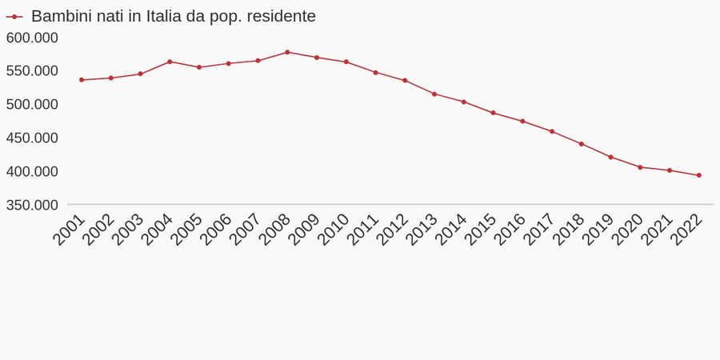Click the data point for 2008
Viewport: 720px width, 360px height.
click(x=287, y=52)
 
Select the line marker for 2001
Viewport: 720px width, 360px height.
click(x=82, y=80)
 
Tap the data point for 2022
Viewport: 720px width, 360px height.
click(x=699, y=175)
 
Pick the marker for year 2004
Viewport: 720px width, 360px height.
click(x=170, y=62)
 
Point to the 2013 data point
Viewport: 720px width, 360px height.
click(x=434, y=94)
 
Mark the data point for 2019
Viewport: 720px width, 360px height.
click(x=611, y=157)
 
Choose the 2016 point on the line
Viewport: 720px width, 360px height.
click(x=522, y=122)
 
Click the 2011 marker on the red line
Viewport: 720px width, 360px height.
click(x=375, y=72)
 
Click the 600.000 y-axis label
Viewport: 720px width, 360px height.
click(x=32, y=38)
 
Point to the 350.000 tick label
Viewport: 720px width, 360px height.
click(x=32, y=205)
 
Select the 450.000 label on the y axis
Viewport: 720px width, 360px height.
click(x=32, y=138)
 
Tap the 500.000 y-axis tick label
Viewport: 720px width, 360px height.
click(x=32, y=104)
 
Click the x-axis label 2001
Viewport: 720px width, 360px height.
click(x=70, y=230)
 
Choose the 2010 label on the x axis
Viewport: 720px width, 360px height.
click(x=334, y=230)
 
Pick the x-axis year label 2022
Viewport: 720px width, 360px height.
click(x=687, y=230)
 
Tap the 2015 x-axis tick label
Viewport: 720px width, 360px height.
click(x=482, y=230)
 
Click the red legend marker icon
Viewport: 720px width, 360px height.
click(x=14, y=16)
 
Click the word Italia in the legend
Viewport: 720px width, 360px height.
click(x=164, y=16)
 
